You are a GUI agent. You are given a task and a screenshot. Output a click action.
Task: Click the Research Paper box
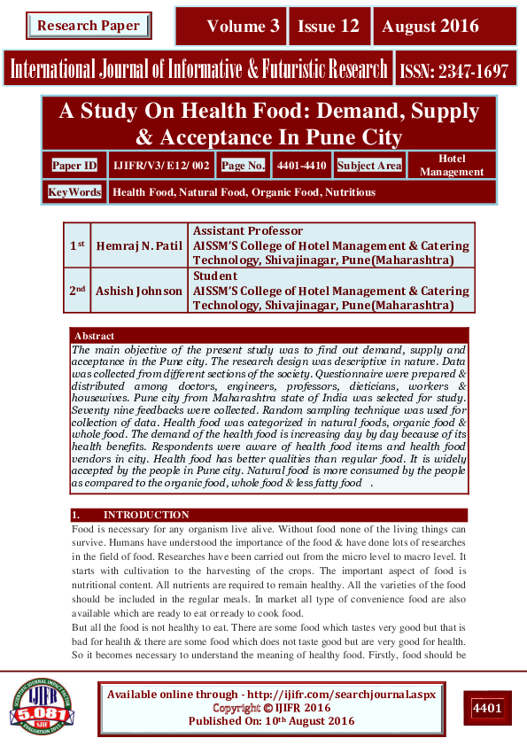88,26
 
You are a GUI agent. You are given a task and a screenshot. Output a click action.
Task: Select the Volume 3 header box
232,27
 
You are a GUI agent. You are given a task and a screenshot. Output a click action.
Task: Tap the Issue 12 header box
329,27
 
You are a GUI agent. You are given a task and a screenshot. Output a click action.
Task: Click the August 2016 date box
430,27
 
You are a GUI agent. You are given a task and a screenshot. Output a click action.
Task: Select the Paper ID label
74,166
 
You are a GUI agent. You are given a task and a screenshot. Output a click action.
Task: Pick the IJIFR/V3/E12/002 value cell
161,166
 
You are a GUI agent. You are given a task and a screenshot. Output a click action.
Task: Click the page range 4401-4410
301,166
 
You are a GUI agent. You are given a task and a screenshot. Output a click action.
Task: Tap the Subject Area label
369,166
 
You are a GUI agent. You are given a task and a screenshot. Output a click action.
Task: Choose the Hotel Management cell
452,166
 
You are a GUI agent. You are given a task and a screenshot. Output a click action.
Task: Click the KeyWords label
74,192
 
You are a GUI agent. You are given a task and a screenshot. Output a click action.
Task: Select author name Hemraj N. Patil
140,245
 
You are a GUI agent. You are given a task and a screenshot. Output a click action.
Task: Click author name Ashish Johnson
140,291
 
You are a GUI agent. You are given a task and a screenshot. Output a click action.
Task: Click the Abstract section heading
95,337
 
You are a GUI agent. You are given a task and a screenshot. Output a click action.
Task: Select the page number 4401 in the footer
486,708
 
